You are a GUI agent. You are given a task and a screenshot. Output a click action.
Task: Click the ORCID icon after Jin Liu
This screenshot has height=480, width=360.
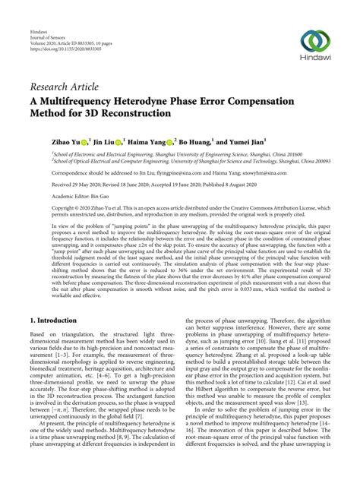(x=120, y=141)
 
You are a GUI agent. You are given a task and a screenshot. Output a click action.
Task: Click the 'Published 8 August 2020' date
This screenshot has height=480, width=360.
(x=242, y=185)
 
